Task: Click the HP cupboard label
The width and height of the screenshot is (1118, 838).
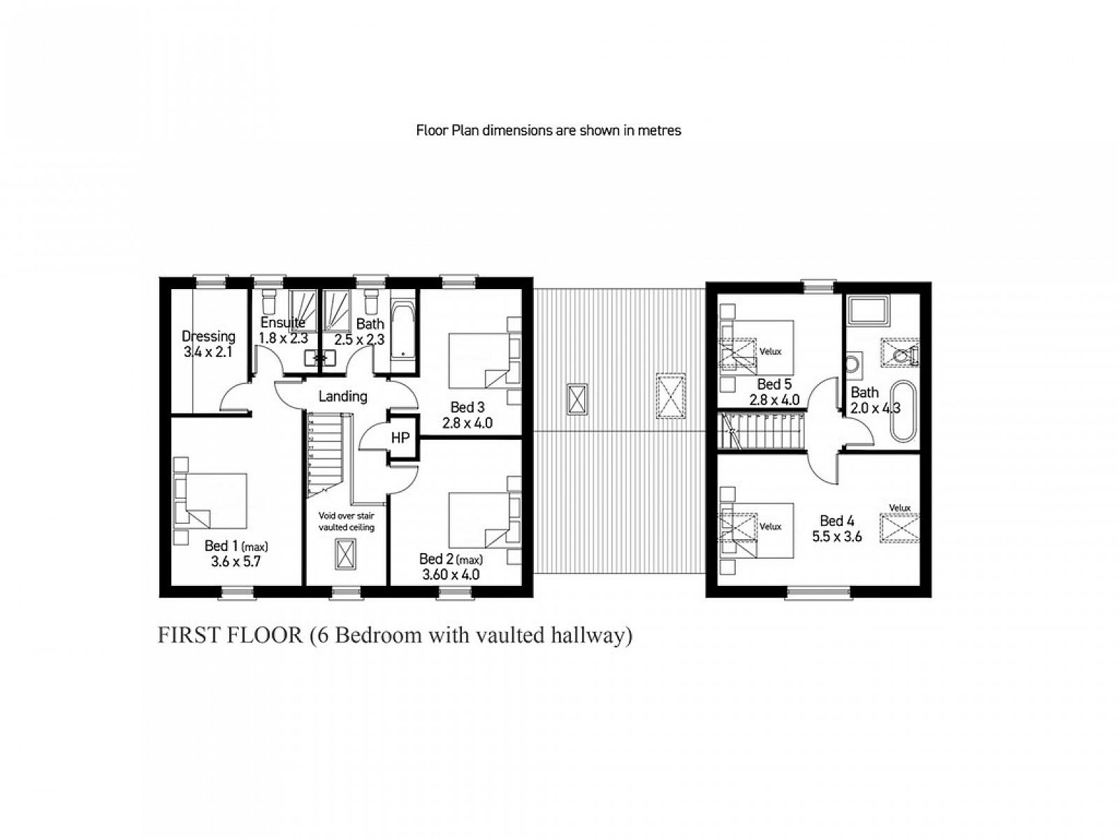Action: pos(400,437)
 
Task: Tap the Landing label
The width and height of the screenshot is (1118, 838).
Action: pos(343,396)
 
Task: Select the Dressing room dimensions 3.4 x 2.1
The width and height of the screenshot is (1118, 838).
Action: pos(208,351)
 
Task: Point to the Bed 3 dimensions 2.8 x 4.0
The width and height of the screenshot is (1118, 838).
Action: pos(467,422)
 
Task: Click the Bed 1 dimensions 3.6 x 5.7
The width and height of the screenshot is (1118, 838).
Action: pos(235,561)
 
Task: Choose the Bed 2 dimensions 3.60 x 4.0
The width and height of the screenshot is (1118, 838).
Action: pos(451,575)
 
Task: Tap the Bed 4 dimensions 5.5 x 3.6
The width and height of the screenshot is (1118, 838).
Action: pos(837,536)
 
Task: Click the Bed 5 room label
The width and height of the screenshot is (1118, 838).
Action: pos(774,384)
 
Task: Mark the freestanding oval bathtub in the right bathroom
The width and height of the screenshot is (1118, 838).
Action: pos(903,411)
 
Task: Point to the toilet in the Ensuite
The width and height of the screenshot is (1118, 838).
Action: pos(268,301)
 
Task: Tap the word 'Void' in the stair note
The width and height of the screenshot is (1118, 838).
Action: pos(327,516)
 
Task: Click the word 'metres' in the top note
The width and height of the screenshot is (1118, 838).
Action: pos(660,131)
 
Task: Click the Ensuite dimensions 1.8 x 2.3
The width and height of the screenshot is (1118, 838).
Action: pos(283,338)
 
